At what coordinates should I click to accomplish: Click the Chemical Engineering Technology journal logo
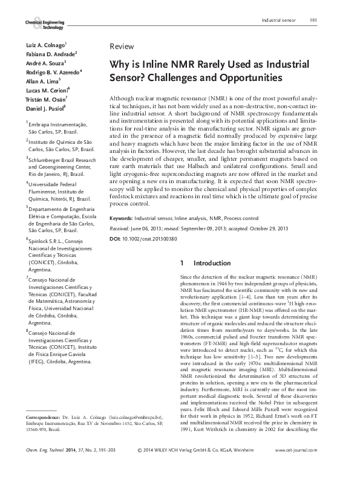point(44,24)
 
